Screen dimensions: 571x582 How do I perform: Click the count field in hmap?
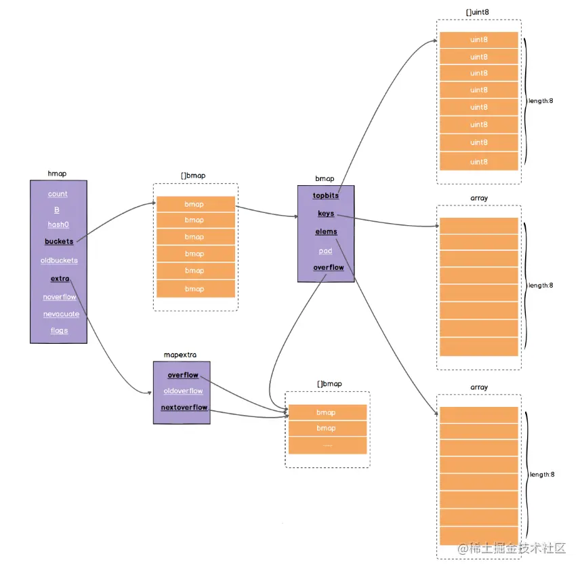click(58, 194)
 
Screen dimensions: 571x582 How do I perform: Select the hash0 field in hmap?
click(58, 224)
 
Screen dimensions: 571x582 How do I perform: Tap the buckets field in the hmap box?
click(59, 241)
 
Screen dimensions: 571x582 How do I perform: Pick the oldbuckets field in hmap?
click(59, 260)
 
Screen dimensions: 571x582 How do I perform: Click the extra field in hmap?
click(60, 278)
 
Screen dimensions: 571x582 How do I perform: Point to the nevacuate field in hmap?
click(61, 314)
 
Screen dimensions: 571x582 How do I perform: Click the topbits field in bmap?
click(326, 195)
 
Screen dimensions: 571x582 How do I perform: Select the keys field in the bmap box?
click(326, 214)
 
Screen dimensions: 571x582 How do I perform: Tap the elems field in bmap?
click(326, 232)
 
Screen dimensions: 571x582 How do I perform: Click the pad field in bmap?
click(326, 250)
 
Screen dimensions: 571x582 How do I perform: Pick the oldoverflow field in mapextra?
click(183, 391)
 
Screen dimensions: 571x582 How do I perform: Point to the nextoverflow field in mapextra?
click(184, 408)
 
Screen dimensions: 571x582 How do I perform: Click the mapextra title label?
click(180, 355)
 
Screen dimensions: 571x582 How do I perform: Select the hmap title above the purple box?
click(57, 174)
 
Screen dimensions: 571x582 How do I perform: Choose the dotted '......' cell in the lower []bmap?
click(327, 445)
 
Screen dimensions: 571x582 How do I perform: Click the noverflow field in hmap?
click(60, 297)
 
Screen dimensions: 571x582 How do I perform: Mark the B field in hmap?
click(57, 210)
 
